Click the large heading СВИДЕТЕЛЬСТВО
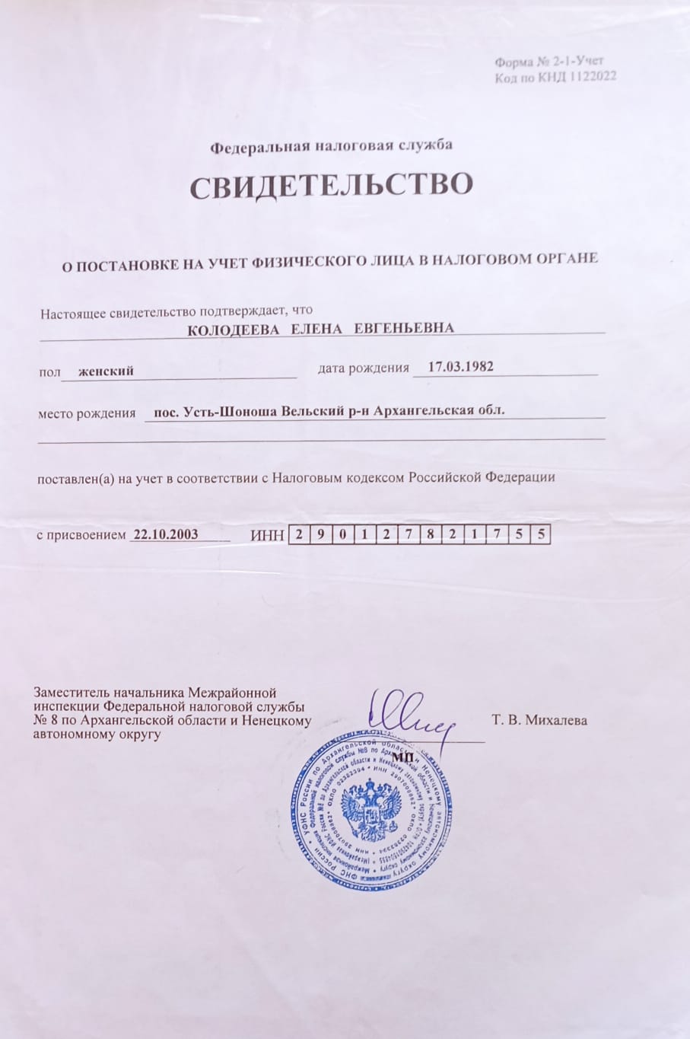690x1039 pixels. pyautogui.click(x=331, y=186)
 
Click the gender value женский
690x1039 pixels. pyautogui.click(x=106, y=371)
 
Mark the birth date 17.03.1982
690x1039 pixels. pyautogui.click(x=460, y=367)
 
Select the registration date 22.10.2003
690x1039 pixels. pyautogui.click(x=165, y=534)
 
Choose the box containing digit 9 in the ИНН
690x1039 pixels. pyautogui.click(x=320, y=534)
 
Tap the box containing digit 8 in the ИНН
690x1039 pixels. pyautogui.click(x=431, y=534)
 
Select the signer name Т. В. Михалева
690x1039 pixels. pyautogui.click(x=539, y=720)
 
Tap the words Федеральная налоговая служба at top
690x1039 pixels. pyautogui.click(x=331, y=145)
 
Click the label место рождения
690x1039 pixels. pyautogui.click(x=87, y=414)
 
